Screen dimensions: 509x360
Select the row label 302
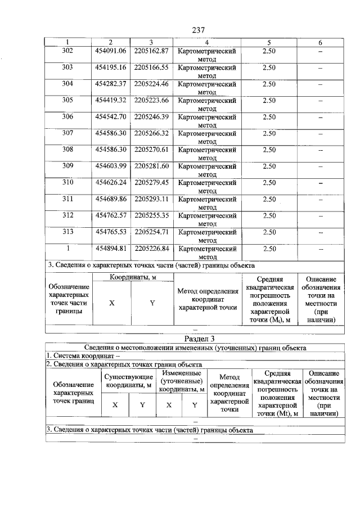click(67, 51)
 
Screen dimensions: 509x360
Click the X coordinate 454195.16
click(110, 67)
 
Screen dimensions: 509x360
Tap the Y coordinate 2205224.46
click(151, 84)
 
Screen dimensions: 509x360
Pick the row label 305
click(67, 101)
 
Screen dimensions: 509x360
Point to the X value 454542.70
click(110, 117)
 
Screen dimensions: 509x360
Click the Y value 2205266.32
click(151, 133)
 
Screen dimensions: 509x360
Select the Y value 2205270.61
click(151, 150)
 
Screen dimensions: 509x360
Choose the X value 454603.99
click(110, 166)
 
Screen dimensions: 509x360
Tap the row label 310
click(67, 182)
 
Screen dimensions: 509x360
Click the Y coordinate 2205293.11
click(151, 199)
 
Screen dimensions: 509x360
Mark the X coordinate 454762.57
click(110, 215)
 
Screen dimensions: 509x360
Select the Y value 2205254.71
click(151, 232)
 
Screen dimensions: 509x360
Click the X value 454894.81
click(110, 248)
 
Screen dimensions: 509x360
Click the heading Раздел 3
click(200, 339)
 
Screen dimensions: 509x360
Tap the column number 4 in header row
click(207, 43)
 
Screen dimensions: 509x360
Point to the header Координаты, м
click(133, 276)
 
